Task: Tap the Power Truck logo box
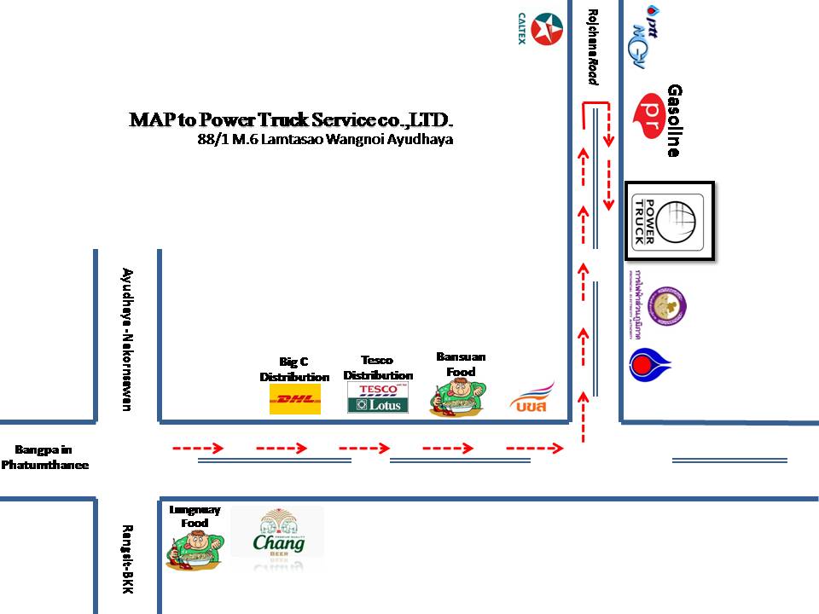coord(669,220)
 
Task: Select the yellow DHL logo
coord(295,398)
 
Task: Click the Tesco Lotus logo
coord(378,398)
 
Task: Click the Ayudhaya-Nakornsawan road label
coord(127,339)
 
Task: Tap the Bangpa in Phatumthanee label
coord(44,457)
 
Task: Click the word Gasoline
coord(675,120)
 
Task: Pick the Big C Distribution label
coord(294,369)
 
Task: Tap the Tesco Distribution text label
coord(378,368)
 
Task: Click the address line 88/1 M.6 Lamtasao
coord(324,138)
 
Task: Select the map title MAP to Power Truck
coord(290,119)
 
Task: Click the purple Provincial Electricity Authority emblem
coord(666,306)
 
